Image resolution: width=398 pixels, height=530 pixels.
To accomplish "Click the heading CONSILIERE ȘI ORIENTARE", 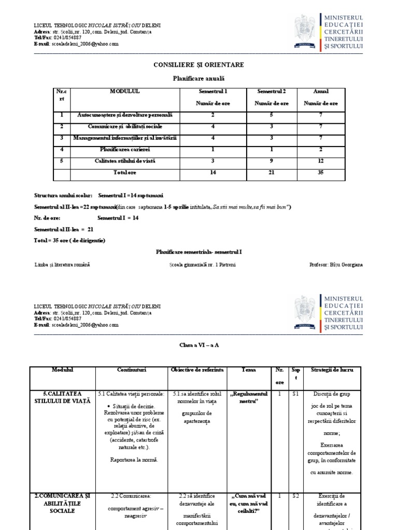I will pyautogui.click(x=198, y=65).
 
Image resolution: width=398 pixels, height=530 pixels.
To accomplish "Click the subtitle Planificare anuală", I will pyautogui.click(x=198, y=79).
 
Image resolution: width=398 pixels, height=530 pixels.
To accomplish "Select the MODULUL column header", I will pyautogui.click(x=124, y=92).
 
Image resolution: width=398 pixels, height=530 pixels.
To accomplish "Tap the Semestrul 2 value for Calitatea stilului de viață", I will pyautogui.click(x=272, y=161).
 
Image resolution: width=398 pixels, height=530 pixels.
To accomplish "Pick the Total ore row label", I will pyautogui.click(x=124, y=172).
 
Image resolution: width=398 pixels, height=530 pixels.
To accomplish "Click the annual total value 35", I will pyautogui.click(x=321, y=172).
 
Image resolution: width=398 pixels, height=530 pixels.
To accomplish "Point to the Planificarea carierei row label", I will pyautogui.click(x=124, y=150).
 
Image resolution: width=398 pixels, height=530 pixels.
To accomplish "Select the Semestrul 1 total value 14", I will pyautogui.click(x=212, y=172).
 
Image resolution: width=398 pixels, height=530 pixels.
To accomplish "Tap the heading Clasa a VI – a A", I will pyautogui.click(x=198, y=345).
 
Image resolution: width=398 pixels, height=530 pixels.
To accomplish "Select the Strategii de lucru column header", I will pyautogui.click(x=332, y=371).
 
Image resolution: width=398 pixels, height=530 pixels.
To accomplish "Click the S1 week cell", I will pyautogui.click(x=295, y=394).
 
